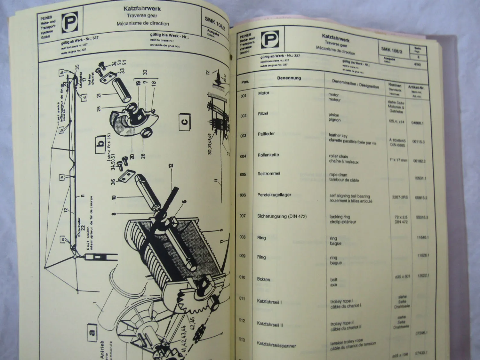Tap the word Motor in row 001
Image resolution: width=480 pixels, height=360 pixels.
pos(264,93)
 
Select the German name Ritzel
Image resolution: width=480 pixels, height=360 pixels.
pos(263,114)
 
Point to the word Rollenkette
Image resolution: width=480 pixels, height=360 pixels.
pos(268,155)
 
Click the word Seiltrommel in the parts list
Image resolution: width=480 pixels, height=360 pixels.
pos(269,173)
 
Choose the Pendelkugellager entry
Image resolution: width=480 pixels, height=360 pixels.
pos(274,195)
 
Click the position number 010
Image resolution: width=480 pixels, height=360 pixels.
pos(242,277)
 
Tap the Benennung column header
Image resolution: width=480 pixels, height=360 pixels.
pos(289,78)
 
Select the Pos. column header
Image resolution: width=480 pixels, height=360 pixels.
pos(245,82)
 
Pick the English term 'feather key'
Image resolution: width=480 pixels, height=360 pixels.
pos(338,135)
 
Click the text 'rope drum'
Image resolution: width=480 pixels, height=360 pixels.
pos(338,175)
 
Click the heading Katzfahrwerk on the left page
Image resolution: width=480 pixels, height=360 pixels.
pos(142,9)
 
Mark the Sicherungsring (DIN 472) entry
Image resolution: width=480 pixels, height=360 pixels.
pos(282,216)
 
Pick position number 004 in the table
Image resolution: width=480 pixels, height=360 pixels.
pos(243,156)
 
